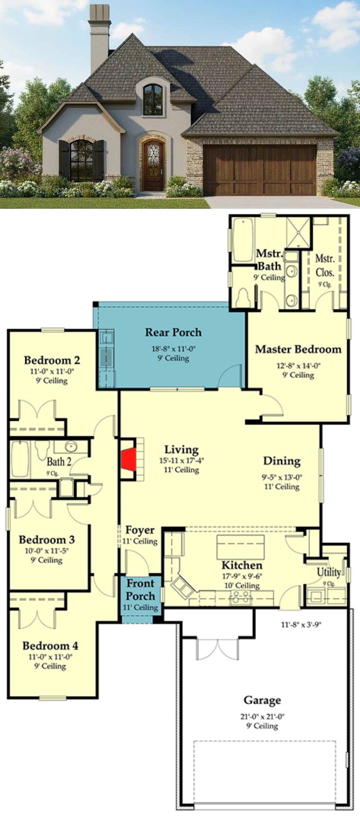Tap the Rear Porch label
tap(173, 332)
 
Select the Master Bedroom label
tap(298, 349)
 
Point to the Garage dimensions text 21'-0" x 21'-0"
tap(262, 716)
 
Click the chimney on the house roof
tap(99, 33)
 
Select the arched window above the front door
tap(153, 100)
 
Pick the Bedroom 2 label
tap(52, 360)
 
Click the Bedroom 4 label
tap(51, 646)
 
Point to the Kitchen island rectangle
tap(240, 547)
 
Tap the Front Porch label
tap(140, 590)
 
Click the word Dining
tap(282, 461)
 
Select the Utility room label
tap(329, 572)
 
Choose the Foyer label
tap(140, 530)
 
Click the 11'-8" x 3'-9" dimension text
tap(301, 625)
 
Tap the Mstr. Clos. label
tap(325, 265)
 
